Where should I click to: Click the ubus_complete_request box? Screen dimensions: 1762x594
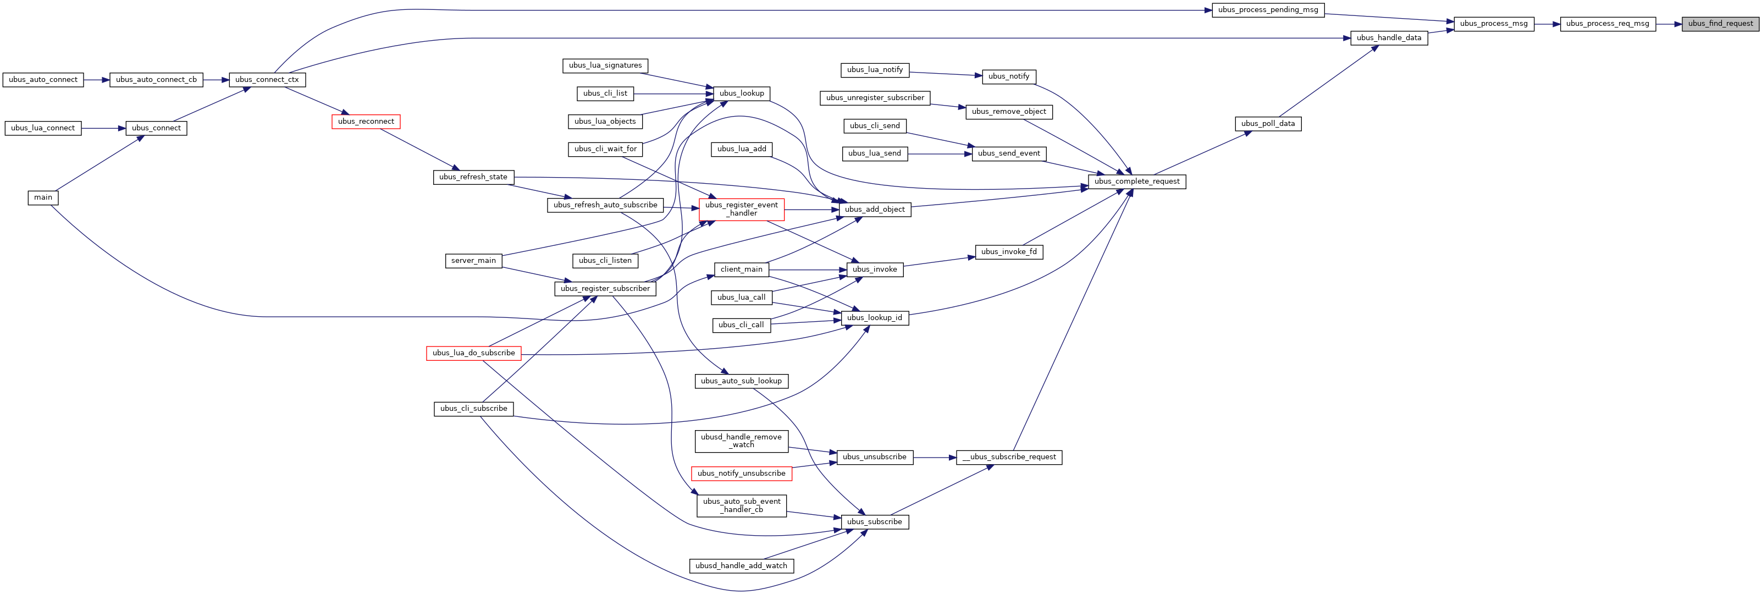pyautogui.click(x=1137, y=182)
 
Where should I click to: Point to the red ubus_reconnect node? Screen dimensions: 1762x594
pyautogui.click(x=366, y=122)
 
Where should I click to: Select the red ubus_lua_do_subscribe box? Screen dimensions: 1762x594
pyautogui.click(x=473, y=353)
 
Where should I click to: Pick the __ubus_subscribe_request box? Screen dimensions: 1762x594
pyautogui.click(x=1009, y=457)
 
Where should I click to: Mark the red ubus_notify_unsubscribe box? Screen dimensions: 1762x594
pyautogui.click(x=742, y=474)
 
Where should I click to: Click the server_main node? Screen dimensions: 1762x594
pyautogui.click(x=473, y=261)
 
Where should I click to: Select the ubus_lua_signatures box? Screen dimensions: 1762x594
pyautogui.click(x=605, y=65)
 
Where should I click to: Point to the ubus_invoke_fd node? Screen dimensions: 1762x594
pyautogui.click(x=1009, y=252)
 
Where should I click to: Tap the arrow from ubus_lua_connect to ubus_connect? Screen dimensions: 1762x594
pyautogui.click(x=103, y=128)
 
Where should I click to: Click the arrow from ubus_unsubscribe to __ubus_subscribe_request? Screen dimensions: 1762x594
pyautogui.click(x=935, y=457)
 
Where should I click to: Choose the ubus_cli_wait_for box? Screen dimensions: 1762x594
pyautogui.click(x=605, y=149)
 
